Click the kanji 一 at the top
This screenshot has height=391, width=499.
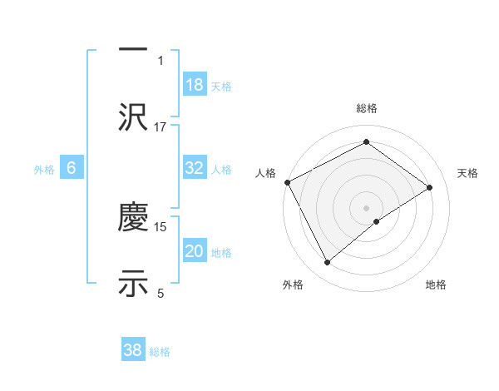[x=133, y=48]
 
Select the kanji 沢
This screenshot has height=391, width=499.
[x=133, y=116]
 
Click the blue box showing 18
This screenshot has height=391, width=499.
[x=195, y=84]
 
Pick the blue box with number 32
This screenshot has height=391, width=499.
[x=195, y=168]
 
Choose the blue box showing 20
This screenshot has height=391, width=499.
[x=195, y=251]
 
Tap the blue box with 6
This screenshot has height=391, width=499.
[x=72, y=168]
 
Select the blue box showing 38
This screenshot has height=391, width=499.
[x=133, y=350]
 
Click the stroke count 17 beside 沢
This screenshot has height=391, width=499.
[x=161, y=126]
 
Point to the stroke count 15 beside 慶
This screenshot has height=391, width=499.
[x=161, y=226]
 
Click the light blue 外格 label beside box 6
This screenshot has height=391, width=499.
[x=44, y=169]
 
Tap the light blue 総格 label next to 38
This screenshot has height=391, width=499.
[x=160, y=352]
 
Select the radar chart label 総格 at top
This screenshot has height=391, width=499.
[x=366, y=109]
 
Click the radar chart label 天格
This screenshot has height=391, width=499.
[x=467, y=173]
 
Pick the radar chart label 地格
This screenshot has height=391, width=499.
[x=436, y=285]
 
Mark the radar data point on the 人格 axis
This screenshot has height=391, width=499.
[x=287, y=182]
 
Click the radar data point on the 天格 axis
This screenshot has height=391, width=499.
[x=430, y=187]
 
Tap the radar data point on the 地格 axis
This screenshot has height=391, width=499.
[x=377, y=221]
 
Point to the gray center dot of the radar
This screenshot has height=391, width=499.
[x=366, y=206]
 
